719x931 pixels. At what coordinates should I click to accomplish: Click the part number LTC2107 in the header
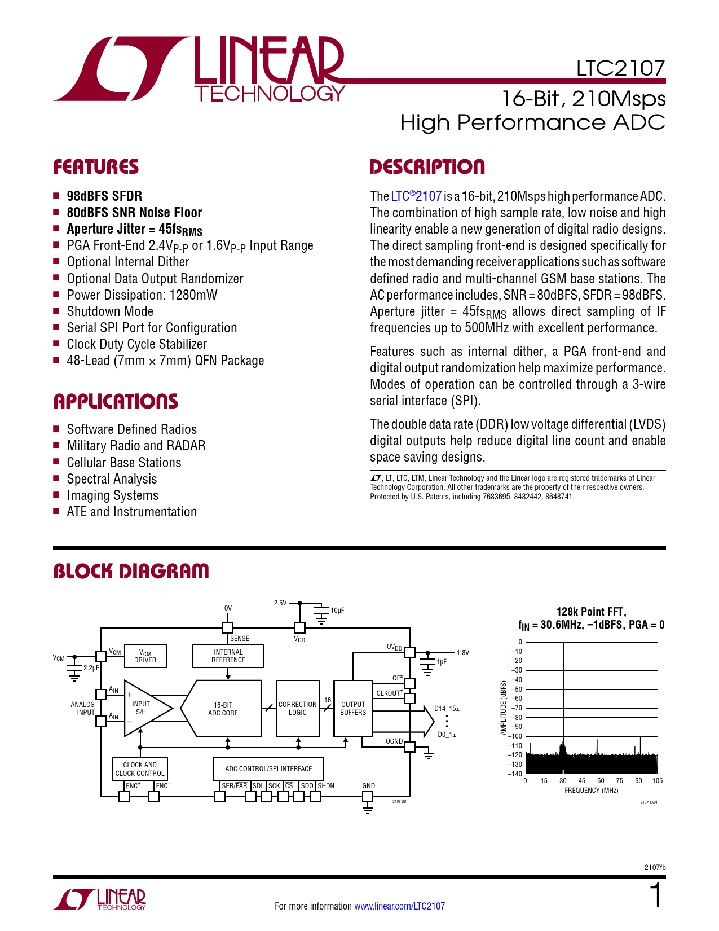pyautogui.click(x=620, y=68)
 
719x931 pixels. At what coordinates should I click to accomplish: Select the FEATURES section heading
pyautogui.click(x=96, y=167)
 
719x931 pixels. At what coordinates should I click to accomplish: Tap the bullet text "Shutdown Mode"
pyautogui.click(x=110, y=311)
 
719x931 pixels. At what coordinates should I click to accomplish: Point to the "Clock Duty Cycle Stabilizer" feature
pyautogui.click(x=136, y=344)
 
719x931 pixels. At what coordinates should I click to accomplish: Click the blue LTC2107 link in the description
pyautogui.click(x=416, y=196)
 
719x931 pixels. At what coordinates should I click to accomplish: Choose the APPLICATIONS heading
pyautogui.click(x=116, y=402)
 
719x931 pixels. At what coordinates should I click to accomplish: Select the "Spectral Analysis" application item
pyautogui.click(x=112, y=479)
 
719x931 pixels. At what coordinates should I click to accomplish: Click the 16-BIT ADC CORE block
pyautogui.click(x=223, y=709)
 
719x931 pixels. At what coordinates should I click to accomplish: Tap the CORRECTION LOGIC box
pyautogui.click(x=297, y=709)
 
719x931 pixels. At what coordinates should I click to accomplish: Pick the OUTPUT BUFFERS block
pyautogui.click(x=353, y=709)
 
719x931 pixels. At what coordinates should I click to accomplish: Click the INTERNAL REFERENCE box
pyautogui.click(x=228, y=656)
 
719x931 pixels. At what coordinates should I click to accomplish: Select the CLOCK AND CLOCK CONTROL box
pyautogui.click(x=140, y=769)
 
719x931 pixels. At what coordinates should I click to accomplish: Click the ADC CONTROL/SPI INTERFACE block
pyautogui.click(x=268, y=768)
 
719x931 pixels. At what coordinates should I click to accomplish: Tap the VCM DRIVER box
pyautogui.click(x=145, y=656)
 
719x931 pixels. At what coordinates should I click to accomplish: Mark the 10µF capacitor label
pyautogui.click(x=337, y=611)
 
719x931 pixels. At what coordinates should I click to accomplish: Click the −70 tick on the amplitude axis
pyautogui.click(x=517, y=708)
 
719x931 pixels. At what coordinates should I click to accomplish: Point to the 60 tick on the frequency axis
pyautogui.click(x=601, y=781)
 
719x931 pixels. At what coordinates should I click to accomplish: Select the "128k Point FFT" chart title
pyautogui.click(x=591, y=612)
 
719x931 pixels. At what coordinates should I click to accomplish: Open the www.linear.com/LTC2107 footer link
pyautogui.click(x=399, y=906)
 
